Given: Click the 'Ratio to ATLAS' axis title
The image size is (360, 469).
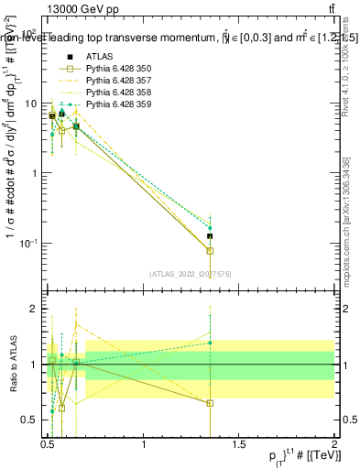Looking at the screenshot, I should click(12, 365).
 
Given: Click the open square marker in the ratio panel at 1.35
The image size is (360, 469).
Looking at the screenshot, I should click(210, 403).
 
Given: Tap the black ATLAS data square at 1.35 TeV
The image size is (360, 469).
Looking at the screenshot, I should click(210, 236).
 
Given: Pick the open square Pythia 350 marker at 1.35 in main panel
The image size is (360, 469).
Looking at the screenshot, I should click(210, 250).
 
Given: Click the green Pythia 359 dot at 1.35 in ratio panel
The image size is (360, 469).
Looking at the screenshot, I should click(210, 343).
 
